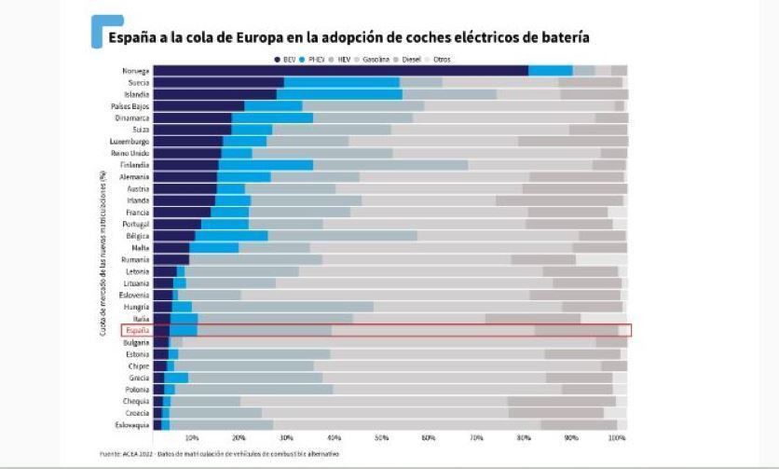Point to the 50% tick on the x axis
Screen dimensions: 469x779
click(x=381, y=436)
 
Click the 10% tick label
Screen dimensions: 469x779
click(x=192, y=436)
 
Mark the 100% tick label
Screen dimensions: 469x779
click(x=616, y=436)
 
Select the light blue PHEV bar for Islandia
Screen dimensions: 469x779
click(x=339, y=94)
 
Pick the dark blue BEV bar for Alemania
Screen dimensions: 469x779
click(x=184, y=176)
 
